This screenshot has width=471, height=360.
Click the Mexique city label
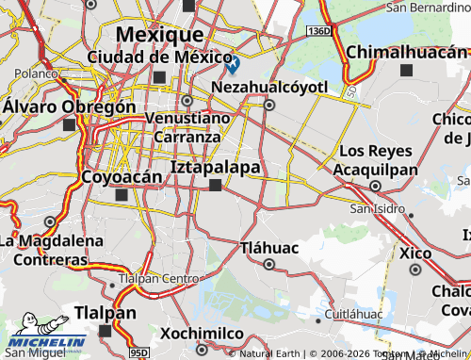(x=159, y=35)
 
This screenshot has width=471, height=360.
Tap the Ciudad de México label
(x=159, y=57)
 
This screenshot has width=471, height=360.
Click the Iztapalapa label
(x=216, y=167)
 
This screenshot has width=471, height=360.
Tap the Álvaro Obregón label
(x=69, y=106)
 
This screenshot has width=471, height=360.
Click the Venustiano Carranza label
(x=187, y=126)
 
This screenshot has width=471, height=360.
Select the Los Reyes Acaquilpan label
(x=378, y=159)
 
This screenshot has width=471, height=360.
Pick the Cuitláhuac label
(x=352, y=312)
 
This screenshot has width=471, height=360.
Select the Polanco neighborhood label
(x=36, y=72)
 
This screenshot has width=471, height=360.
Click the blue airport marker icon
(x=233, y=64)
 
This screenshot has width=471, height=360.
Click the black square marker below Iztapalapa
(x=216, y=186)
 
